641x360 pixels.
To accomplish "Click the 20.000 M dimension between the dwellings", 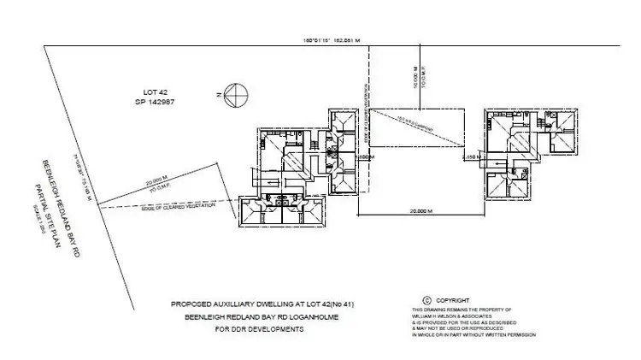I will [x=417, y=210].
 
